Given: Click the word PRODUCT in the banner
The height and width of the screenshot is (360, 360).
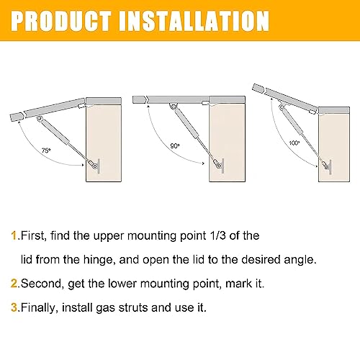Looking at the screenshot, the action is (x=61, y=21).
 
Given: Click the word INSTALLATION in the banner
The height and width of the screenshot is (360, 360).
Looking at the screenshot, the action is (x=194, y=21).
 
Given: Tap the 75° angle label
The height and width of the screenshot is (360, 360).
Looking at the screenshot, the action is (x=46, y=150).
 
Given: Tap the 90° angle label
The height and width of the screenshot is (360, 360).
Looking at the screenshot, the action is (x=175, y=145).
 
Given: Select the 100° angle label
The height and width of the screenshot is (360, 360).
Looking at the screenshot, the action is (x=294, y=143).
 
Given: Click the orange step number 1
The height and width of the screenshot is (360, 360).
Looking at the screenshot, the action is (x=14, y=235).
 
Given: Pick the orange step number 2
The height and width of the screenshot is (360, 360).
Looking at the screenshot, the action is (x=14, y=284).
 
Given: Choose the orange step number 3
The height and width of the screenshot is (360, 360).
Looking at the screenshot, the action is (x=14, y=307).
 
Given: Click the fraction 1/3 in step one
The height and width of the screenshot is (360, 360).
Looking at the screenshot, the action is (x=217, y=235).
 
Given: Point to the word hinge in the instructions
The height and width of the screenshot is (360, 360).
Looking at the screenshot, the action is (x=98, y=260).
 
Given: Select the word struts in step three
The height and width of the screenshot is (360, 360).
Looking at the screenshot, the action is (x=133, y=307).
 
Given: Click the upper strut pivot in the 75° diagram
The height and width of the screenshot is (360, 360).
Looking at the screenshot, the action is (x=39, y=118).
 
